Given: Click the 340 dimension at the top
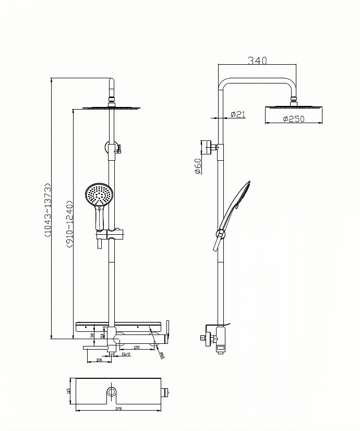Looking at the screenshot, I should point(257,61).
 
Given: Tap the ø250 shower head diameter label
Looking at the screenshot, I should point(293,119).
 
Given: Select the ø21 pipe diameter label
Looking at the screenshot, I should point(238,115).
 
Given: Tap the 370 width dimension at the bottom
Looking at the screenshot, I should point(118,408).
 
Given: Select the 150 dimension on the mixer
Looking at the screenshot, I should point(137,347).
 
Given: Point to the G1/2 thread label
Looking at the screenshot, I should point(125,354).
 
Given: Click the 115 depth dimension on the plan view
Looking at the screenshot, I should point(68,390).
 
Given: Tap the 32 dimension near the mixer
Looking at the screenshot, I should point(92,336).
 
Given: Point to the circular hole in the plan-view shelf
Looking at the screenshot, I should point(112,391).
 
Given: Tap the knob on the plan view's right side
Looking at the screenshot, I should point(166,391).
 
